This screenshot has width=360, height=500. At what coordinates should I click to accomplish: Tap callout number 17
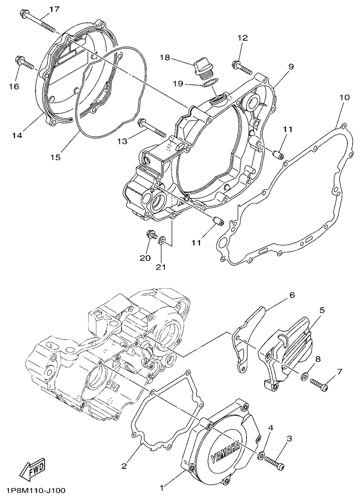[x=54, y=9]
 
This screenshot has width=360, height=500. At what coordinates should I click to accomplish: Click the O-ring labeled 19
[x=209, y=83]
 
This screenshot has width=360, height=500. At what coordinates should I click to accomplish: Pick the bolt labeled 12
[x=242, y=67]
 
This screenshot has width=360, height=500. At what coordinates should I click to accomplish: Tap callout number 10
[x=344, y=97]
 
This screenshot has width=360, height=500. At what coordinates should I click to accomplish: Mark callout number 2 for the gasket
[x=124, y=466]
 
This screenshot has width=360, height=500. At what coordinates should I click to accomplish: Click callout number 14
[x=17, y=135]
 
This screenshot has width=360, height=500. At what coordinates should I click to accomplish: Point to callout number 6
[x=292, y=295]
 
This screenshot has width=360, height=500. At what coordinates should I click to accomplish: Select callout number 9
[x=291, y=67]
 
